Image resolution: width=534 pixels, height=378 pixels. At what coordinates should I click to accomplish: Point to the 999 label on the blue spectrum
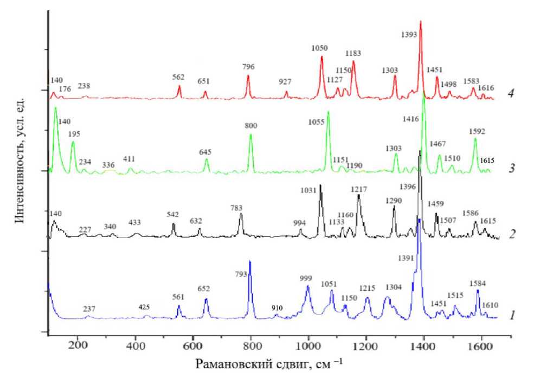point(306,278)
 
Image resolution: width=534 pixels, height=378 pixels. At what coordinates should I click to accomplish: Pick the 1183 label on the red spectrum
point(353,53)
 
